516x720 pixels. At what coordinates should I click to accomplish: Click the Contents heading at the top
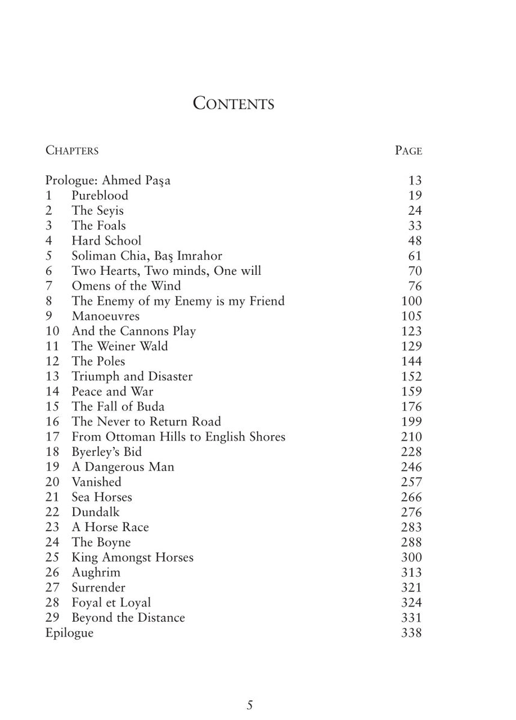point(233,103)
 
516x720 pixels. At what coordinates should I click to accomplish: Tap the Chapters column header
point(72,150)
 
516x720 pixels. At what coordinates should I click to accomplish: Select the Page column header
point(408,150)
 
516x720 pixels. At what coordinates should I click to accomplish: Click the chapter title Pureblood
point(100,196)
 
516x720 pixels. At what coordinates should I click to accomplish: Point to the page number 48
point(414,241)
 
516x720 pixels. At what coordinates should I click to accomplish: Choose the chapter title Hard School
point(106,241)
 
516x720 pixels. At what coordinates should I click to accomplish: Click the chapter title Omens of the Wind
point(126,286)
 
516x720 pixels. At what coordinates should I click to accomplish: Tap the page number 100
point(411,301)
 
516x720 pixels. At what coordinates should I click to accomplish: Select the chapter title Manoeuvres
point(106,316)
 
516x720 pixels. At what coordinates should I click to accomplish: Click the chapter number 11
point(52,346)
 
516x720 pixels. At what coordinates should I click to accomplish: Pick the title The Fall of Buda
point(118,407)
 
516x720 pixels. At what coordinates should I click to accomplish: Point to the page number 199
point(411,422)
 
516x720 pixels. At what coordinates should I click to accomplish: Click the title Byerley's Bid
point(107,452)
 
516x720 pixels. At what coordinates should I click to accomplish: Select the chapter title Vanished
point(96,482)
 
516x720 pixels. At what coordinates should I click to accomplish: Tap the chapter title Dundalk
point(96,512)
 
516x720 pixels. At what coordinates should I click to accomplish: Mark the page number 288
point(411,542)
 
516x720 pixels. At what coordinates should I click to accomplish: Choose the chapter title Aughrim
point(96,572)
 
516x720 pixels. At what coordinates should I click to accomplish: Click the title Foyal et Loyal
point(111,602)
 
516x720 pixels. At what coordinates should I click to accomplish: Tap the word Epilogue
point(70,633)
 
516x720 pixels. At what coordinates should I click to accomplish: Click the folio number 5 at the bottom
point(250,705)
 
